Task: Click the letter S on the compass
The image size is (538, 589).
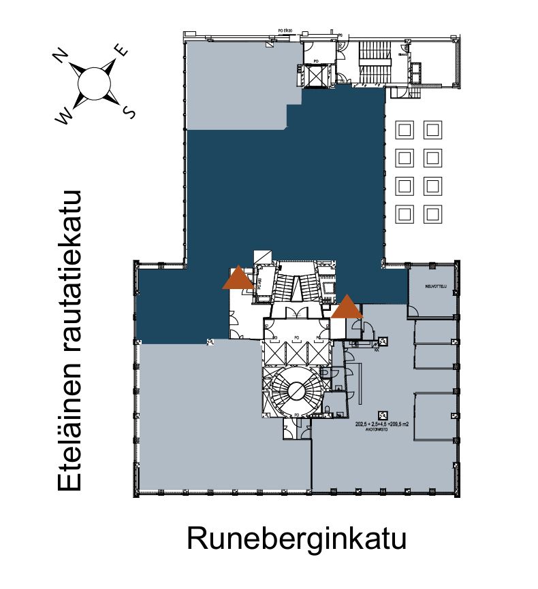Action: (128, 111)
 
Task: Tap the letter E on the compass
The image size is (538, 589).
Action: (122, 50)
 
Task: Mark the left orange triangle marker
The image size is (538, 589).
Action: (238, 278)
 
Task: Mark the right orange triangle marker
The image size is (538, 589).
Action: (347, 307)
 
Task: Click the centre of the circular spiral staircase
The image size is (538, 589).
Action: (296, 390)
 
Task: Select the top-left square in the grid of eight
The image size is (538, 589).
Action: (405, 129)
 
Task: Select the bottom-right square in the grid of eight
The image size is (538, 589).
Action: (432, 214)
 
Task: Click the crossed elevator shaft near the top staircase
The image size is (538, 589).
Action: (316, 77)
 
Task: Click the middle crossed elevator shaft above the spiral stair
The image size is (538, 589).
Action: (296, 352)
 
